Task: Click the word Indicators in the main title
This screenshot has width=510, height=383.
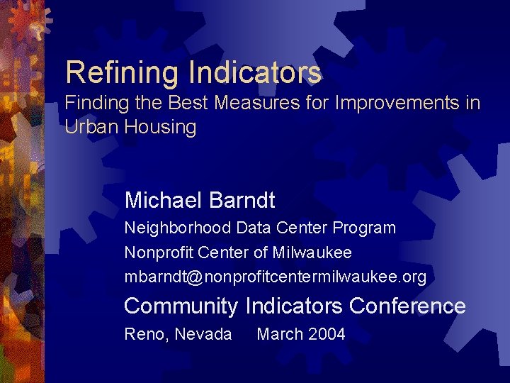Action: pyautogui.click(x=255, y=72)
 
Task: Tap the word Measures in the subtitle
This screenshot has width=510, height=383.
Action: pyautogui.click(x=248, y=104)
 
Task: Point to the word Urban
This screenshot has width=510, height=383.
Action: pyautogui.click(x=91, y=128)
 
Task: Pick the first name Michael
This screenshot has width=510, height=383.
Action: pyautogui.click(x=164, y=201)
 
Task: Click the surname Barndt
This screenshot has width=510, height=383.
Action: pyautogui.click(x=242, y=201)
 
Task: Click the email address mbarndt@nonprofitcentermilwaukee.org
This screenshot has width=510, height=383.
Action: pyautogui.click(x=276, y=277)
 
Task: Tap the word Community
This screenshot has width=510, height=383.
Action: pyautogui.click(x=181, y=306)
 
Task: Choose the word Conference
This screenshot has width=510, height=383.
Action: pyautogui.click(x=407, y=306)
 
